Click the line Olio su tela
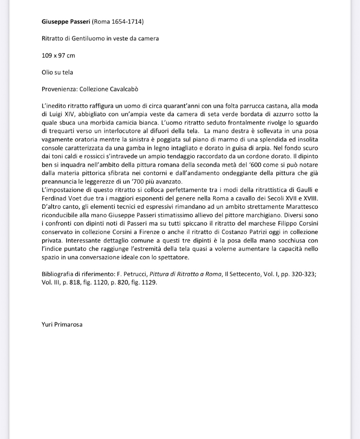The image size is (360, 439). [x=57, y=72]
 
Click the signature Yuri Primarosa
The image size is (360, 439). [x=62, y=324]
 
